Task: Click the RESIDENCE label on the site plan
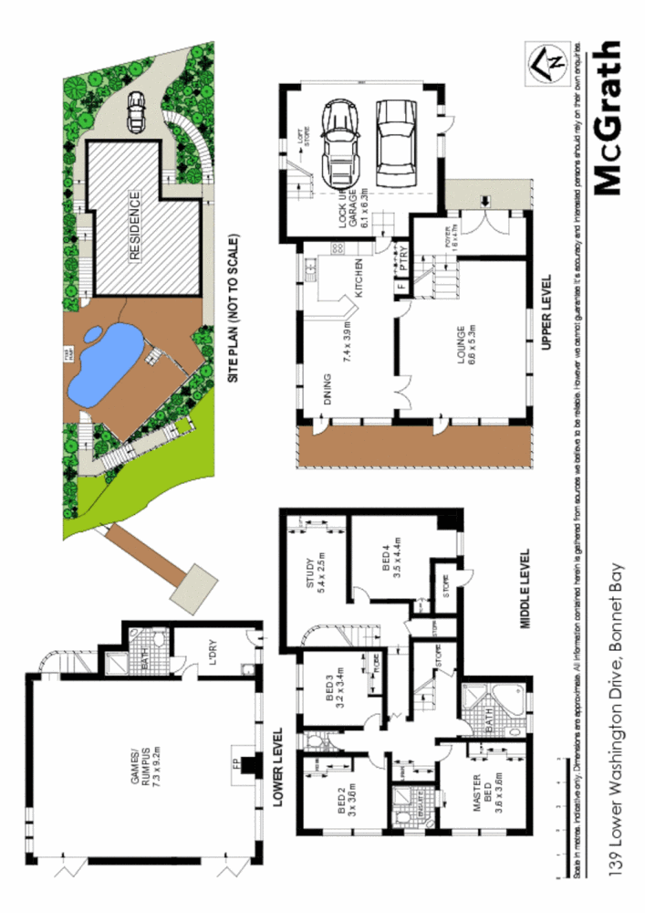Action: pos(134,226)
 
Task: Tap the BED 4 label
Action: pos(391,557)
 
